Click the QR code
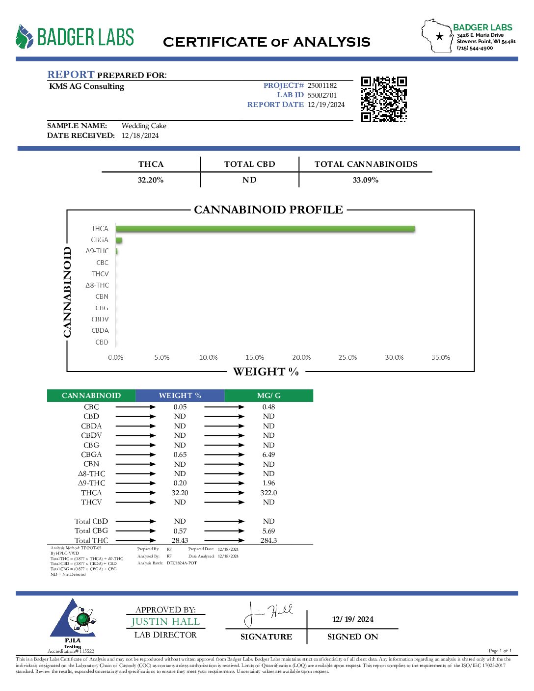[x=384, y=99]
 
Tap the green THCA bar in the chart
[x=265, y=229]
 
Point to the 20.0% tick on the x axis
[x=301, y=357]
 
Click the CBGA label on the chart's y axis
[x=100, y=240]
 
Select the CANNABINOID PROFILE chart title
[x=268, y=210]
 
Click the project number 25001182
[x=322, y=85]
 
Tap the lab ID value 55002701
[x=322, y=95]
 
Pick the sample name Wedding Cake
[x=144, y=126]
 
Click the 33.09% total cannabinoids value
[x=366, y=180]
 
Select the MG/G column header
[x=269, y=396]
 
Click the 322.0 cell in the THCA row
[x=268, y=493]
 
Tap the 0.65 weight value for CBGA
[x=180, y=454]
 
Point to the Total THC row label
[x=91, y=540]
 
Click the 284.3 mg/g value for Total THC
[x=268, y=540]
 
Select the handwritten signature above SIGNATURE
[x=267, y=614]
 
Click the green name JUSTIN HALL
[x=165, y=622]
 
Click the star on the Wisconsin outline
[x=440, y=36]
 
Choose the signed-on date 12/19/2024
[x=353, y=619]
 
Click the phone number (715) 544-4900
[x=475, y=48]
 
